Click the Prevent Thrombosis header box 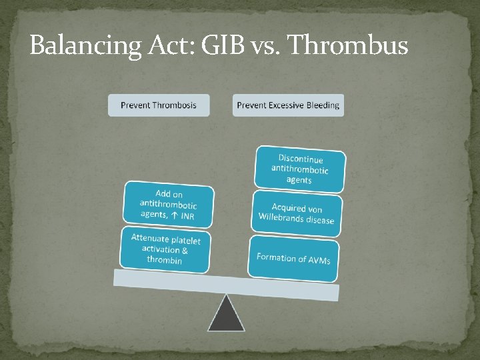[159, 105]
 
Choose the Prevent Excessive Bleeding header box [288, 105]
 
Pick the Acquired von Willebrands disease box [297, 214]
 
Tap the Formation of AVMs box [293, 257]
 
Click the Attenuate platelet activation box [165, 249]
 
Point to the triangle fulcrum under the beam [226, 315]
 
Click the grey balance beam [227, 284]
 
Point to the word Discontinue [301, 159]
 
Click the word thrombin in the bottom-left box [164, 259]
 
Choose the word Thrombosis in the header [174, 105]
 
